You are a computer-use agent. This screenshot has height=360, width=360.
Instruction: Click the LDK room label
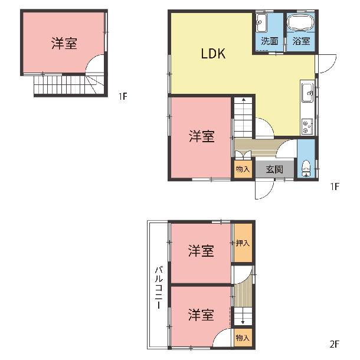(213, 54)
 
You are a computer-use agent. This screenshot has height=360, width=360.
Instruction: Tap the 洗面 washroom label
(269, 41)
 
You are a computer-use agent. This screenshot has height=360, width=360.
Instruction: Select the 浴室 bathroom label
(301, 41)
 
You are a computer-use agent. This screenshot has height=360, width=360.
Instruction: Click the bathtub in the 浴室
(300, 22)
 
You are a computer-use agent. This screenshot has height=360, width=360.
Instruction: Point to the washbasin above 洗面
(261, 23)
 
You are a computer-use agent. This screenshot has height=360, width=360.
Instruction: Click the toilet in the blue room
(305, 168)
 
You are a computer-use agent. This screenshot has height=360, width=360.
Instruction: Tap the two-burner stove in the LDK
(307, 126)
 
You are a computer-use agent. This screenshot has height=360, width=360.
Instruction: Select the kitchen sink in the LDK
(307, 92)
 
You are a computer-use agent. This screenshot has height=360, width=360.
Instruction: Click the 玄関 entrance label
(274, 169)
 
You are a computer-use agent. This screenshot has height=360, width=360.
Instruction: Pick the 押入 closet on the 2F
(243, 243)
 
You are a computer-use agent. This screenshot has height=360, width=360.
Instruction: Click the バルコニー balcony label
(159, 287)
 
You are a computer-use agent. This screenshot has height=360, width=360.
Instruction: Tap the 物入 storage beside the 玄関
(243, 169)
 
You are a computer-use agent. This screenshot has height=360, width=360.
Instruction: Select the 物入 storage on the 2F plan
(243, 338)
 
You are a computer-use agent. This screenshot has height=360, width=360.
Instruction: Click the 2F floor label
(334, 344)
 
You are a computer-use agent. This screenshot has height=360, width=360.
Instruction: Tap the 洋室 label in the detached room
(64, 43)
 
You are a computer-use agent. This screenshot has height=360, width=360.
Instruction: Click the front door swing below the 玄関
(264, 189)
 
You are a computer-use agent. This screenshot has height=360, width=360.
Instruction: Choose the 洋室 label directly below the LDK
(202, 136)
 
